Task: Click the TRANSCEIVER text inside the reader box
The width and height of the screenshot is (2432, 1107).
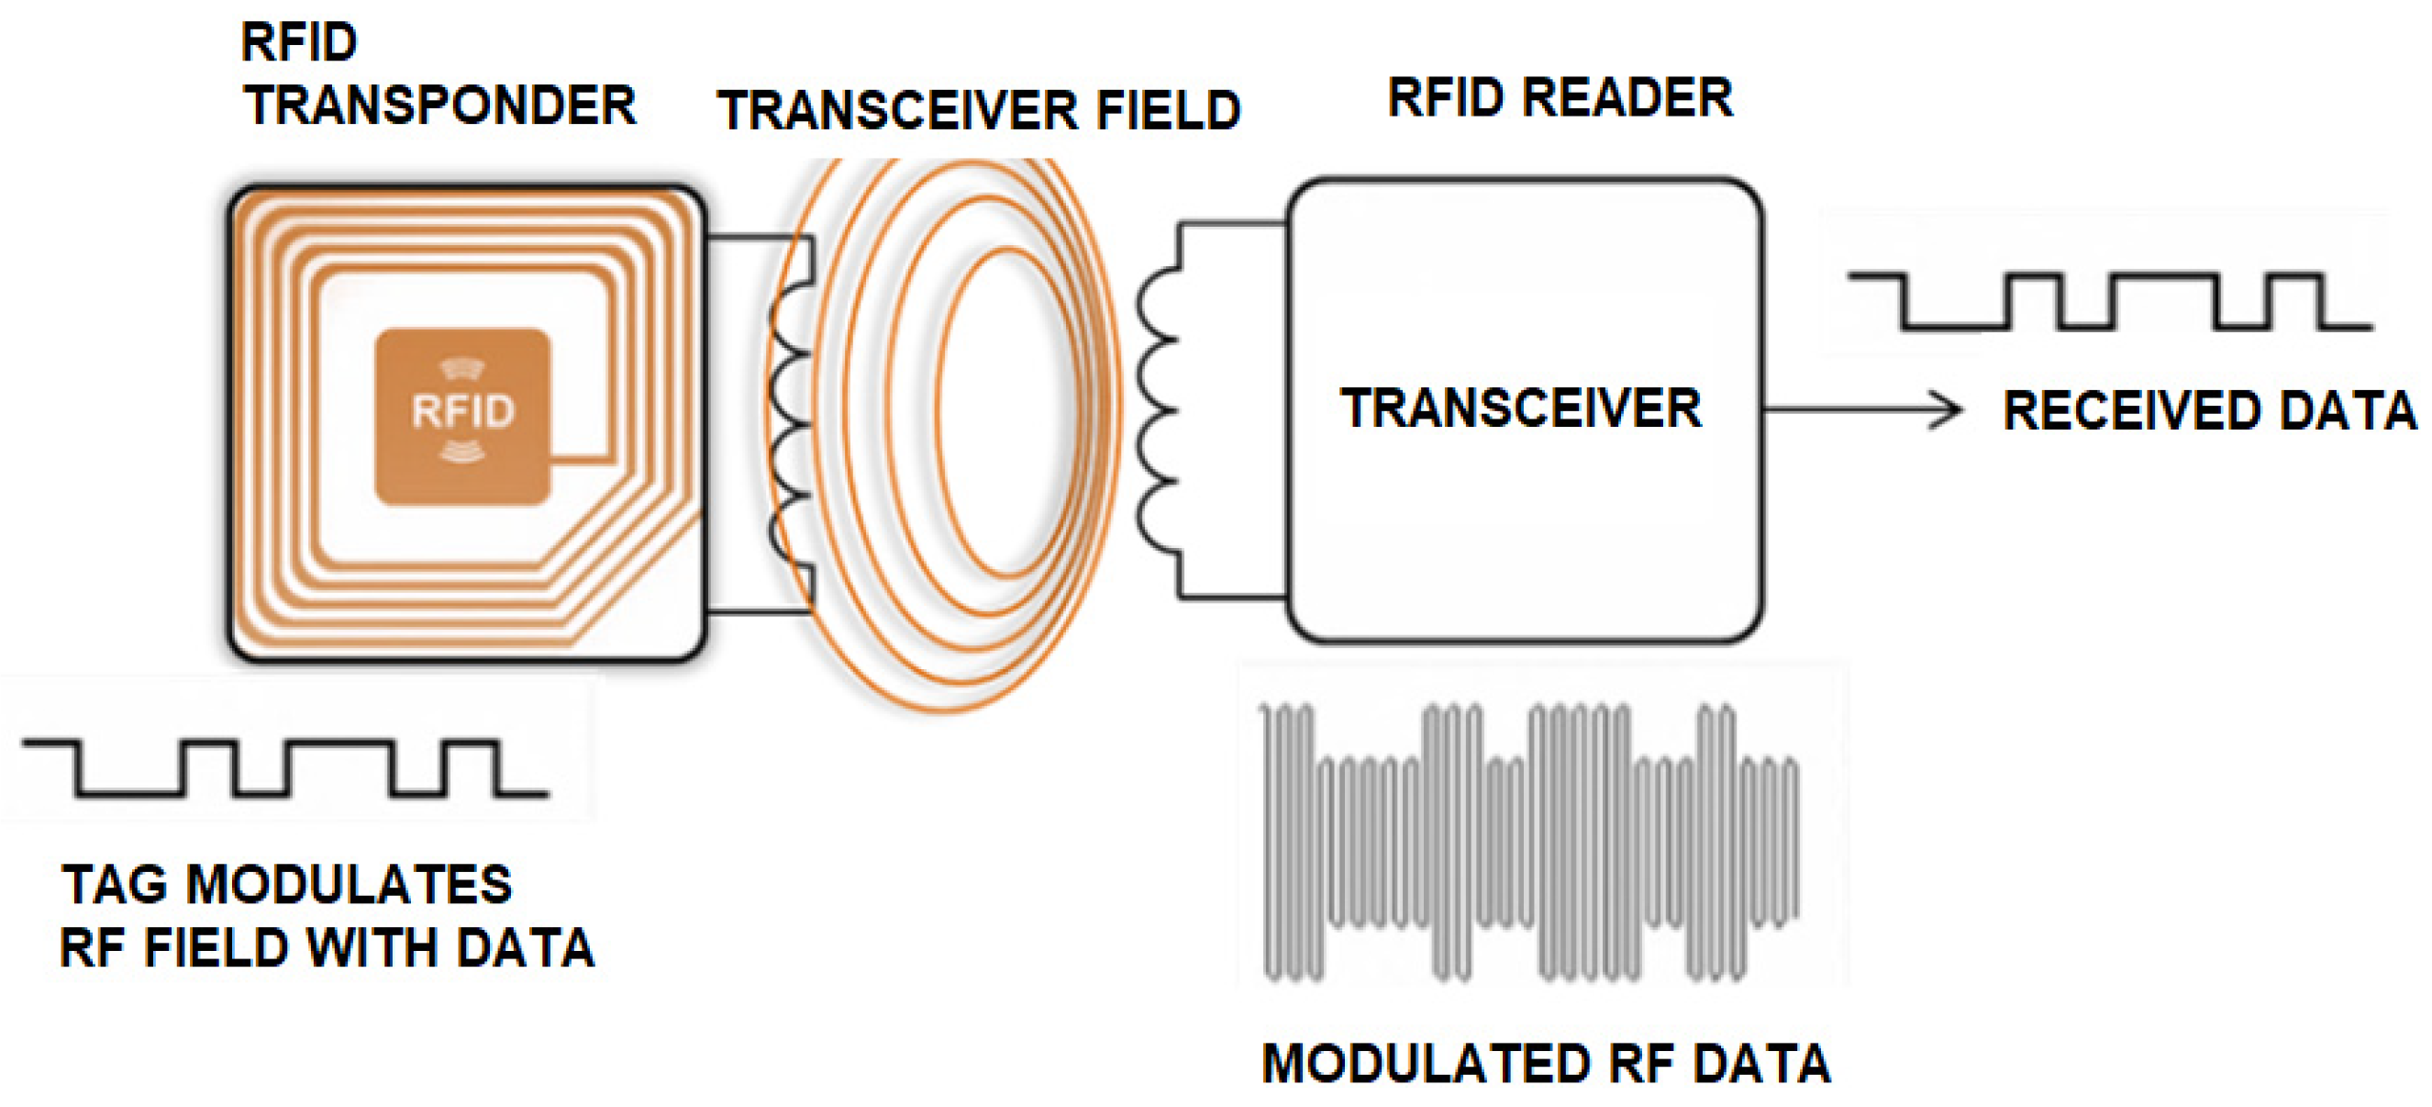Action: pos(1521,408)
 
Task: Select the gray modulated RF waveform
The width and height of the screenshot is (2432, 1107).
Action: pos(1529,841)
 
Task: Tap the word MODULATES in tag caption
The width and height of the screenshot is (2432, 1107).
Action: pos(349,885)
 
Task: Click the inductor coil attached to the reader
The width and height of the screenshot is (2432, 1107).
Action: pos(1157,411)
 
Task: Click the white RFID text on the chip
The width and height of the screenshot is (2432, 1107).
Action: pos(462,411)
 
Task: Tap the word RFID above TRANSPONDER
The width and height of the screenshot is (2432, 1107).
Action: pos(298,42)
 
